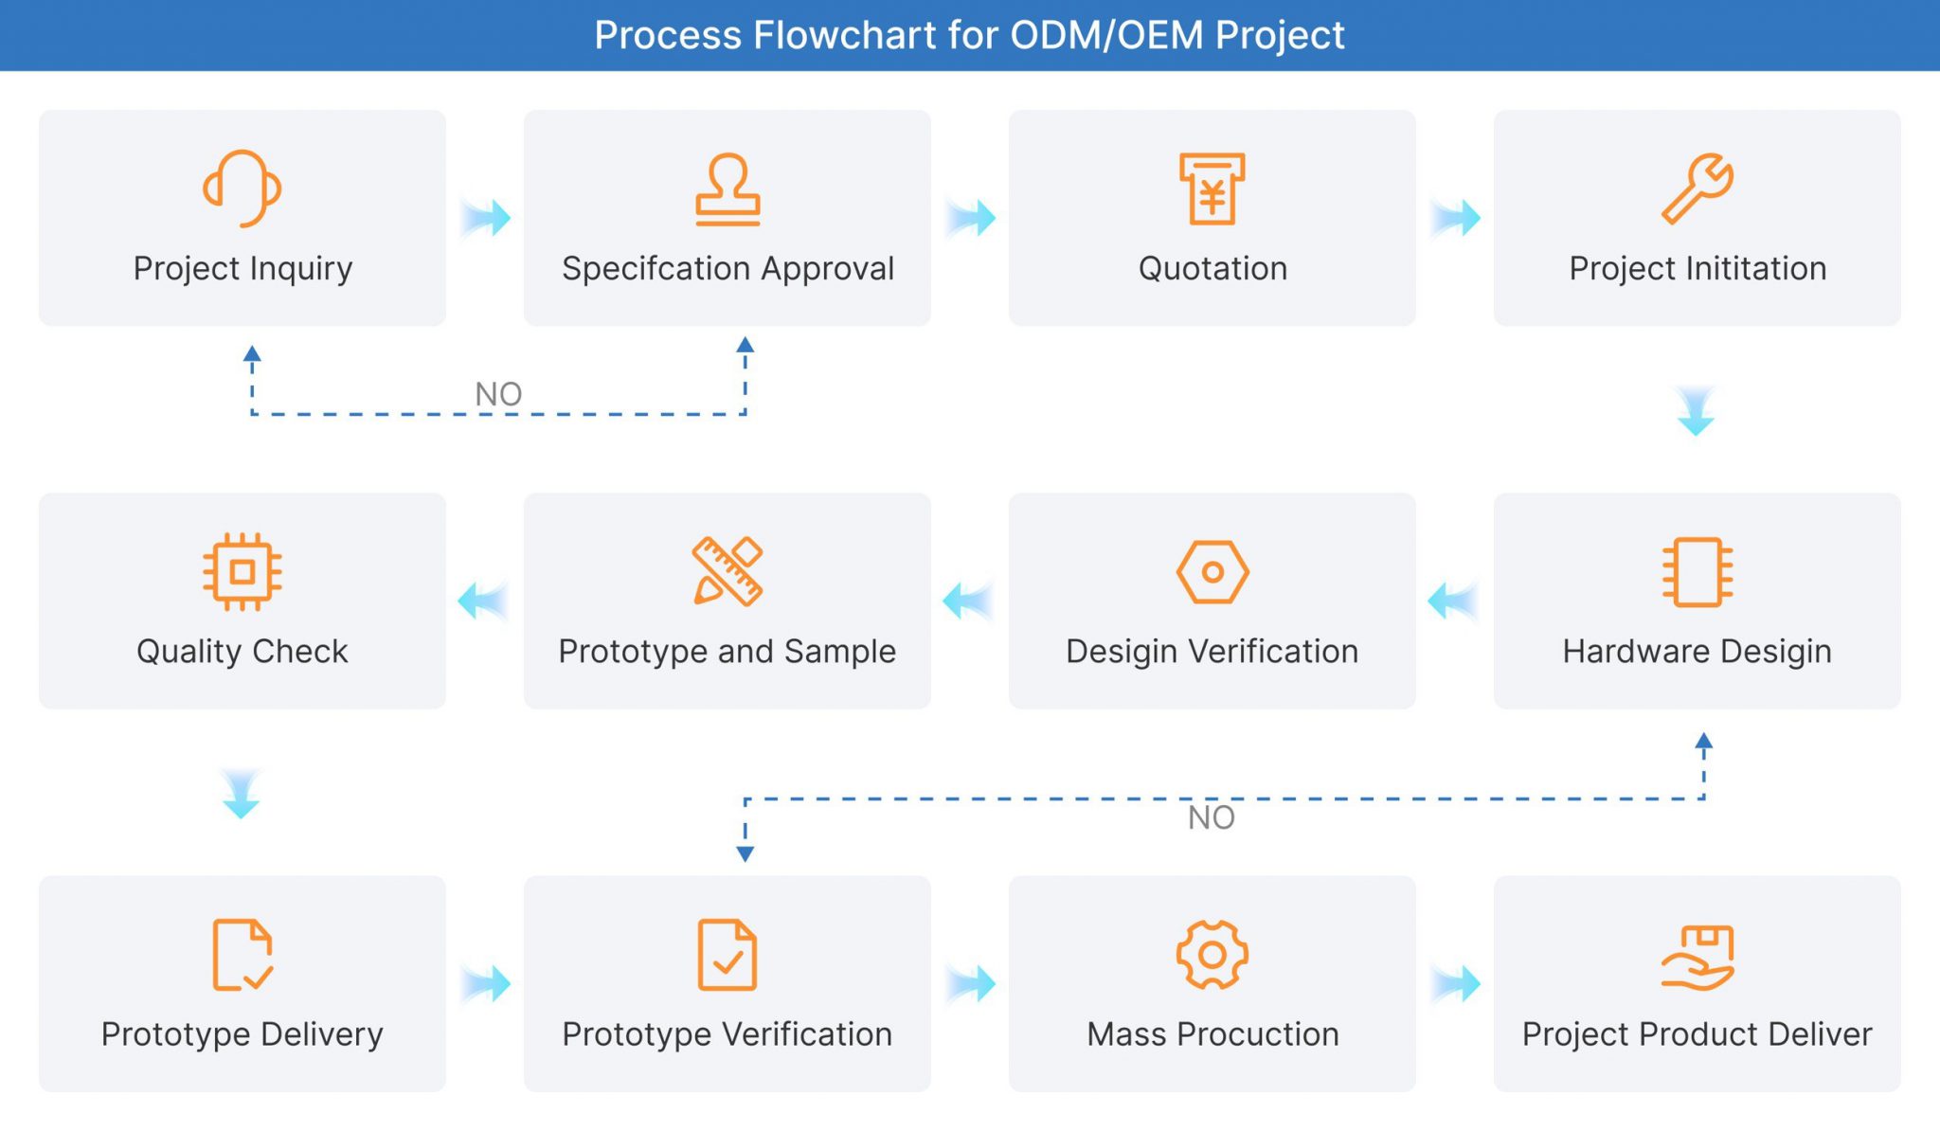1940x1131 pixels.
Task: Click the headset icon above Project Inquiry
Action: click(x=242, y=188)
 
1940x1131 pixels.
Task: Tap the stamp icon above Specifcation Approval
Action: click(x=727, y=189)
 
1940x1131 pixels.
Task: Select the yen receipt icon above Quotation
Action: click(x=1212, y=188)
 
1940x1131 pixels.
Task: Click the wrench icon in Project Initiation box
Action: click(x=1697, y=188)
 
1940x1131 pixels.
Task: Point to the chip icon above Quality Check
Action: click(x=242, y=571)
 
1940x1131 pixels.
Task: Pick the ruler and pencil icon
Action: click(x=727, y=571)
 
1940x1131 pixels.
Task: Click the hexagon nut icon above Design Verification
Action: click(x=1212, y=571)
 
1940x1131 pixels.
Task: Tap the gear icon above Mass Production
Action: click(x=1212, y=955)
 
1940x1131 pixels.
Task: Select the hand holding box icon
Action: click(x=1697, y=957)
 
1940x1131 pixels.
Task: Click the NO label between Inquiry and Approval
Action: click(x=498, y=394)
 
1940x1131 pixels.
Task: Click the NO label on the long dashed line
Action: click(x=1211, y=817)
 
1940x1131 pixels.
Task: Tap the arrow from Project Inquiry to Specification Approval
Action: click(x=487, y=218)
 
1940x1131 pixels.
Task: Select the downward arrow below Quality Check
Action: click(x=241, y=794)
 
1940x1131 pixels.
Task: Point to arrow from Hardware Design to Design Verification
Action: click(x=1451, y=601)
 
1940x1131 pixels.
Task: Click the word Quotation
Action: click(x=1212, y=268)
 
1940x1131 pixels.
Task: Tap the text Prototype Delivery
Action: click(x=242, y=1033)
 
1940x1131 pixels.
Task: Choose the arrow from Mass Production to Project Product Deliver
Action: click(x=1457, y=983)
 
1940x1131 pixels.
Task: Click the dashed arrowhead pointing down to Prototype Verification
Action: click(x=745, y=853)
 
